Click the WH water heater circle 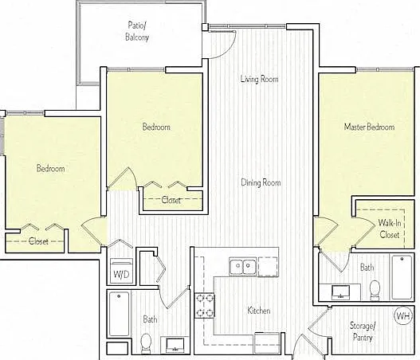[x=402, y=316]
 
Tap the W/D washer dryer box [x=122, y=271]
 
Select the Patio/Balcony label [x=137, y=31]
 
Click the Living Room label [x=259, y=79]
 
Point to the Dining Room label [x=261, y=182]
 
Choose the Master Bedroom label [x=369, y=127]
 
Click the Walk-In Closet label [x=390, y=229]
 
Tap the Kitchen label [x=259, y=311]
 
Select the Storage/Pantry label [x=363, y=332]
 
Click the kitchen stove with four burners [x=204, y=305]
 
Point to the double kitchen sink [x=243, y=265]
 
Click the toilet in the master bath [x=375, y=290]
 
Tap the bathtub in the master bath [x=402, y=277]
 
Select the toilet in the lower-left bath [x=147, y=343]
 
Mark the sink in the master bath [x=341, y=292]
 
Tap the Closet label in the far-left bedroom [x=38, y=241]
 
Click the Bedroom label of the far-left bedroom [x=51, y=168]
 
